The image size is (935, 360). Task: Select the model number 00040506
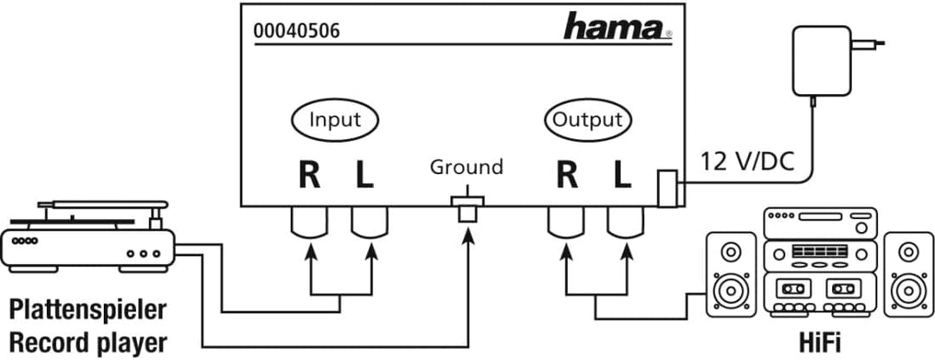point(296,32)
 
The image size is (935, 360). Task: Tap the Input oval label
point(334,119)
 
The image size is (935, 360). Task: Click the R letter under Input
point(309,175)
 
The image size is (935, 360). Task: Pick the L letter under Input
point(364,175)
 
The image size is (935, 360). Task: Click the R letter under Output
point(567,175)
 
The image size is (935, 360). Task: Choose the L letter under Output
point(622,175)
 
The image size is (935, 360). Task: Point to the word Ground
point(466,166)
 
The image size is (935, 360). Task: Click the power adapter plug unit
point(820,61)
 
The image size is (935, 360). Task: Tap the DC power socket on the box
point(667,190)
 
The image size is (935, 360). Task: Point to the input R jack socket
point(309,224)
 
